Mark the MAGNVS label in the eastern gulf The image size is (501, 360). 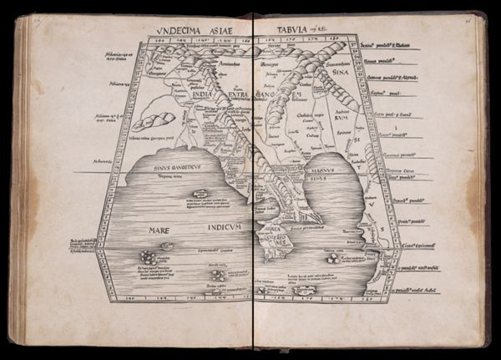(316, 168)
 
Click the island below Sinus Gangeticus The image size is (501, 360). (200, 194)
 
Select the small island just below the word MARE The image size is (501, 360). (168, 246)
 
